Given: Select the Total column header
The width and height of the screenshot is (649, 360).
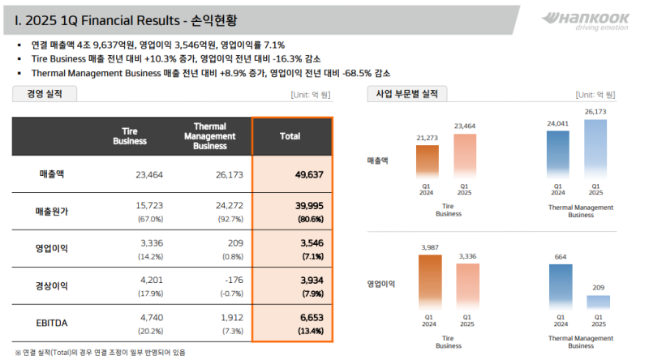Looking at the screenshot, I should (290, 137).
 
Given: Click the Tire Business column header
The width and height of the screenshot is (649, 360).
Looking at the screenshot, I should (129, 137).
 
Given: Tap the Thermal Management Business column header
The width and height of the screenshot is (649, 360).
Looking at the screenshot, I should (209, 136).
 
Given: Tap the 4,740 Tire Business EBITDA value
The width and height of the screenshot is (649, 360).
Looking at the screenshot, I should (152, 318).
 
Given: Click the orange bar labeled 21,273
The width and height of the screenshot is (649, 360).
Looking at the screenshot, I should (428, 161).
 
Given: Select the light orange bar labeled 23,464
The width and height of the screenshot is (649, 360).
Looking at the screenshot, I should (466, 156).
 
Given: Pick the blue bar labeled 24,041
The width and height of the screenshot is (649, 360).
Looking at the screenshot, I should (558, 154).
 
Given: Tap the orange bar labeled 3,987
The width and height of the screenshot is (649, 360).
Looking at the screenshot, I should (430, 281).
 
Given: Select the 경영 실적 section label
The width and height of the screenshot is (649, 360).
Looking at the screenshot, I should (45, 94).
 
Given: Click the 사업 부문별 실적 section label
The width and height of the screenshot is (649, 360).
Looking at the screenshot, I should (406, 94).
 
